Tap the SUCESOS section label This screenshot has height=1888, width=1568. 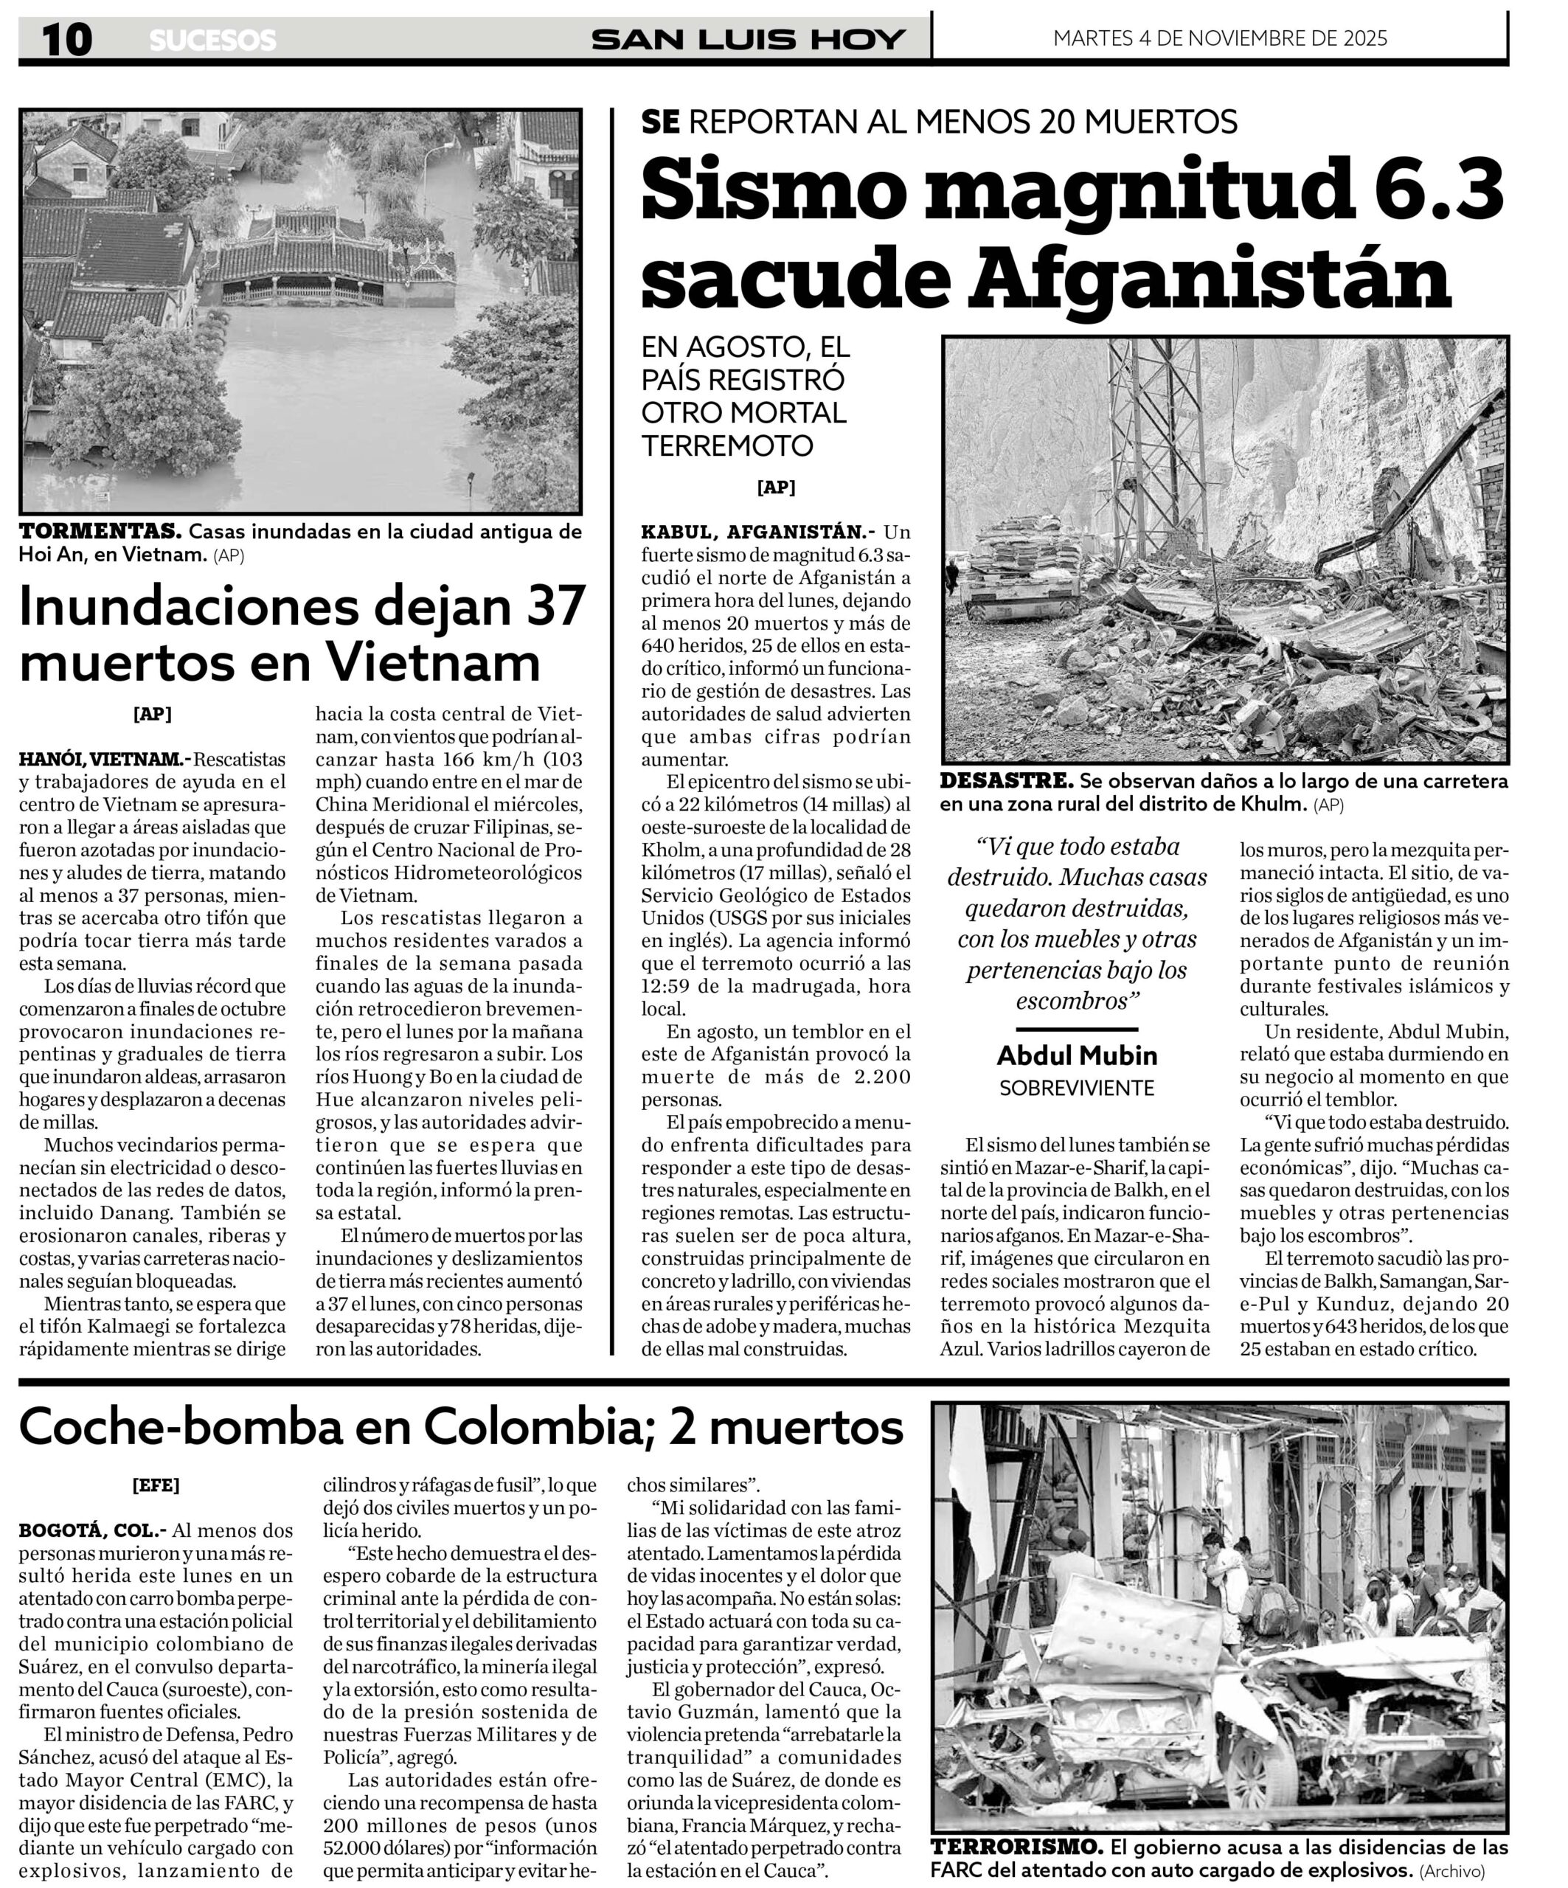pyautogui.click(x=212, y=41)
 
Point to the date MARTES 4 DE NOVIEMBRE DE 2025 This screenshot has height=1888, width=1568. pyautogui.click(x=1220, y=38)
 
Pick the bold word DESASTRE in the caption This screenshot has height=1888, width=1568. pyautogui.click(x=1006, y=780)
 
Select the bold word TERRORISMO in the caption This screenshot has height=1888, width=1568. pyautogui.click(x=1016, y=1847)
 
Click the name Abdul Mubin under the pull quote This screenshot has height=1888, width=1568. pyautogui.click(x=1076, y=1055)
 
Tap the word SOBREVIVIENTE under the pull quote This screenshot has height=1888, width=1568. pyautogui.click(x=1076, y=1088)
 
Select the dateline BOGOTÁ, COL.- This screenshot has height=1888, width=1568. pyautogui.click(x=93, y=1530)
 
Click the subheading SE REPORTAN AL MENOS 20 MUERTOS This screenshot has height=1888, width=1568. pyautogui.click(x=939, y=122)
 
